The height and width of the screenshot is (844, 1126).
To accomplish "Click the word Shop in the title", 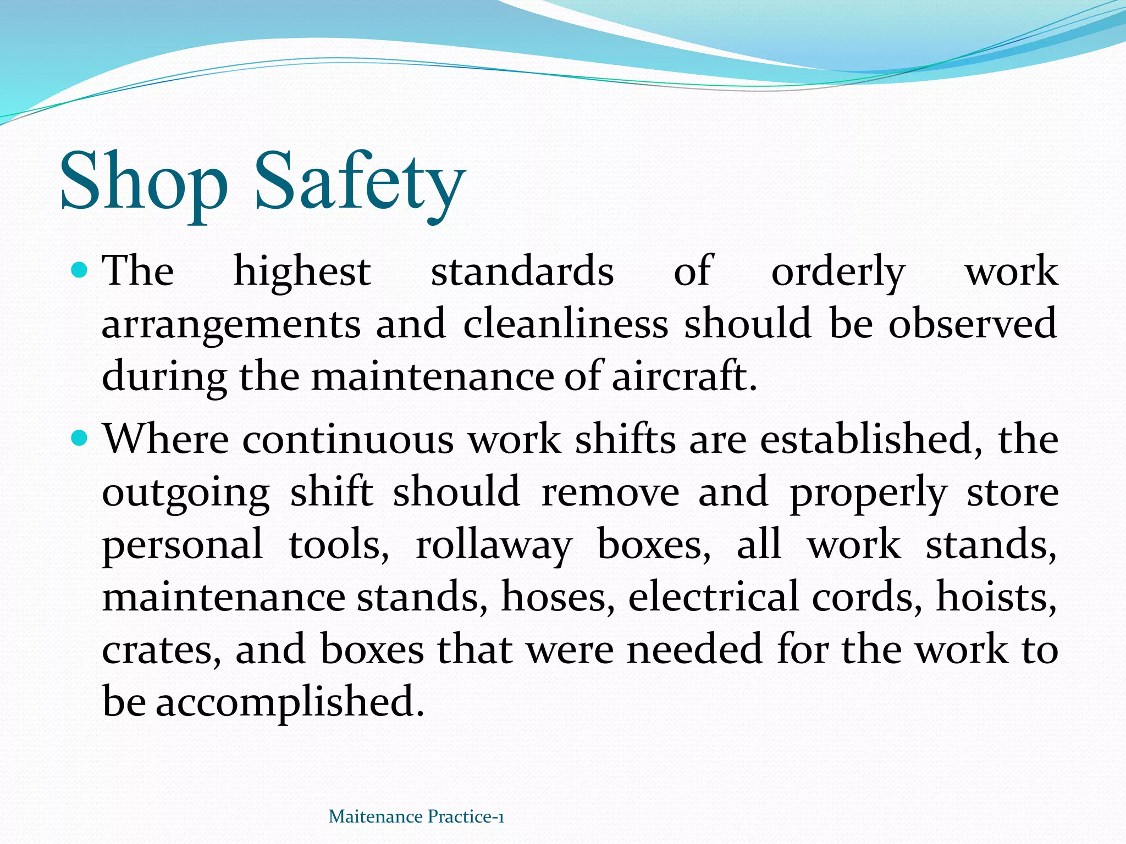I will (143, 182).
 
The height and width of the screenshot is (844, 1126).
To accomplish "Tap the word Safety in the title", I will (360, 182).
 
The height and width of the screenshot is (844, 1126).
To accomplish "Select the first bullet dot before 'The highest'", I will (80, 270).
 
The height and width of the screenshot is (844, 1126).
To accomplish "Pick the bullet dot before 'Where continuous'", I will (80, 438).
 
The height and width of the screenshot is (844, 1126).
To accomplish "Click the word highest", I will (302, 271).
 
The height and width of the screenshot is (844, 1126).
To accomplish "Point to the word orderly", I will (838, 273).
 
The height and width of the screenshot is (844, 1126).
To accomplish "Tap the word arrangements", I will (231, 324).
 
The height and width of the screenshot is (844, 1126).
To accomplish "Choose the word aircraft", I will (684, 376).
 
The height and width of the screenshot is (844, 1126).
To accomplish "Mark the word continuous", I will (348, 440).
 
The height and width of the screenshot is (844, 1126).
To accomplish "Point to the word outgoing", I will (186, 492).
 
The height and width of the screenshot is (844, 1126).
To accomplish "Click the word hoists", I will (996, 597).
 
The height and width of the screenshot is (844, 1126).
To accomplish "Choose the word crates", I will (162, 650).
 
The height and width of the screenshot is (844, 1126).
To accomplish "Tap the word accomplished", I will (290, 703).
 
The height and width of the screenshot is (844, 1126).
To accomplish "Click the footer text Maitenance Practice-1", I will (416, 817).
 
